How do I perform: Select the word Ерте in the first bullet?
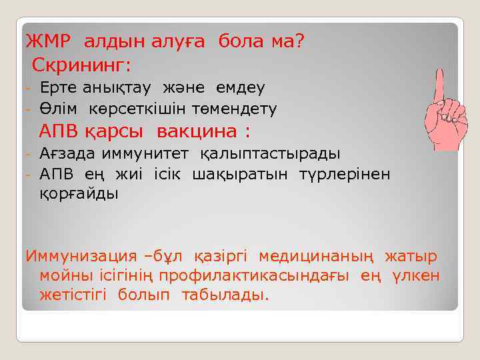coord(59,88)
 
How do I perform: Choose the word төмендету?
coord(235,108)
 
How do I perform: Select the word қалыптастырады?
coord(270,154)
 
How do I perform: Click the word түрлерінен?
coord(353,174)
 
